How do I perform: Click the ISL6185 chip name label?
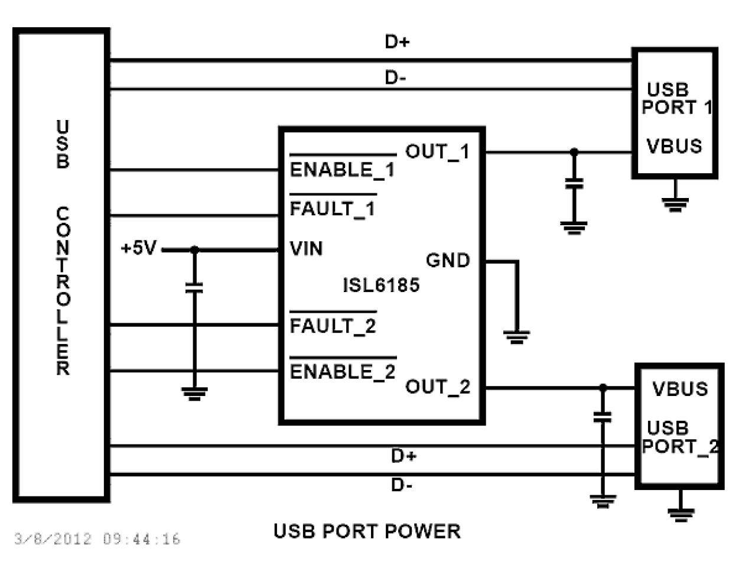381,285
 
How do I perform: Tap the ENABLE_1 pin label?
342,170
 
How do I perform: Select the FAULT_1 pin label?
333,209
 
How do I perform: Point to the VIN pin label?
307,248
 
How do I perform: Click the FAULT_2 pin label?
333,326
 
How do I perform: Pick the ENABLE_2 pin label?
343,372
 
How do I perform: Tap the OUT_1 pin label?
437,152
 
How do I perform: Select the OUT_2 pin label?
438,387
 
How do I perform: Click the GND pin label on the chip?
448,260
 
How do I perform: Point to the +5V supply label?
139,248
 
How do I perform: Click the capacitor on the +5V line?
194,288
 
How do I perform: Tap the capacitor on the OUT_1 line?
574,183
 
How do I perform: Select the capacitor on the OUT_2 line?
602,417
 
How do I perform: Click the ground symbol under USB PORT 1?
675,204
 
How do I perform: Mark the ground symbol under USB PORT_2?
681,514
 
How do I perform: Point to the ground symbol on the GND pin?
516,337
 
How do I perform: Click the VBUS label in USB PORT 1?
674,146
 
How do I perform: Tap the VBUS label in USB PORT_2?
680,389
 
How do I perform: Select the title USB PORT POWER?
367,531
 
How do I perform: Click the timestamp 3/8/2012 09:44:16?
97,539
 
